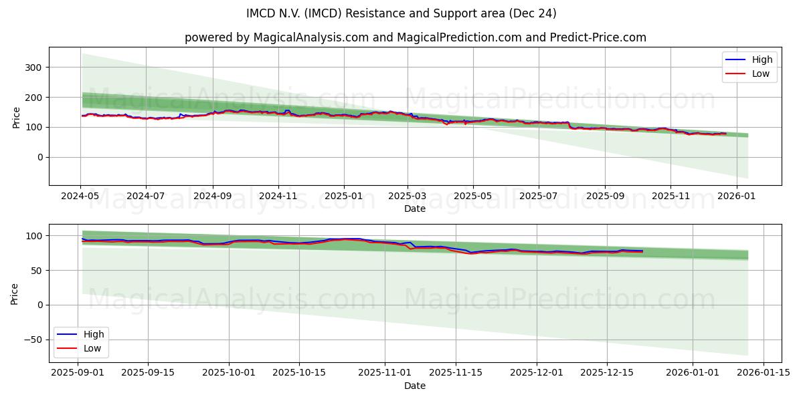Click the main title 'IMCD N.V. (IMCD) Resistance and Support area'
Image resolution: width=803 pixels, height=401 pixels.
click(x=401, y=13)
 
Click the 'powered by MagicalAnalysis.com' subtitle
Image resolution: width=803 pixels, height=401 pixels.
click(x=415, y=37)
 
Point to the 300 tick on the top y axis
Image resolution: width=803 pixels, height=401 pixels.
click(x=33, y=68)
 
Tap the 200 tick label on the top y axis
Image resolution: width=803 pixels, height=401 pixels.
click(x=33, y=98)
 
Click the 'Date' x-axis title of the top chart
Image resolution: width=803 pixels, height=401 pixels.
click(x=415, y=209)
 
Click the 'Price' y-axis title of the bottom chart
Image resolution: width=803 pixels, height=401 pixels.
click(x=15, y=293)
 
